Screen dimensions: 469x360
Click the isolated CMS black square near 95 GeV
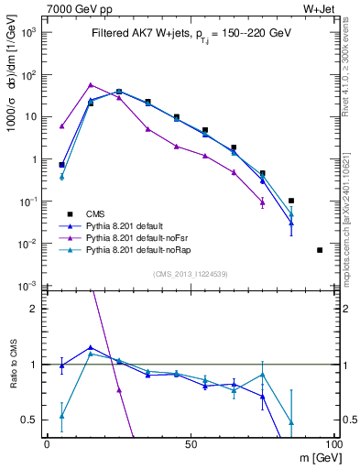click(320, 250)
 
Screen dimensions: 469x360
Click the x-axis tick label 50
click(191, 443)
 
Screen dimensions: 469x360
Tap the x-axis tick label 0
click(48, 443)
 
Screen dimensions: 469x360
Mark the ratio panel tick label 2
click(35, 309)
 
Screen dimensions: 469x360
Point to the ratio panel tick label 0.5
click(31, 420)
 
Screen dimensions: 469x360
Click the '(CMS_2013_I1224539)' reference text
click(191, 274)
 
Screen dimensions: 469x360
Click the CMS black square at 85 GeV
click(291, 201)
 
